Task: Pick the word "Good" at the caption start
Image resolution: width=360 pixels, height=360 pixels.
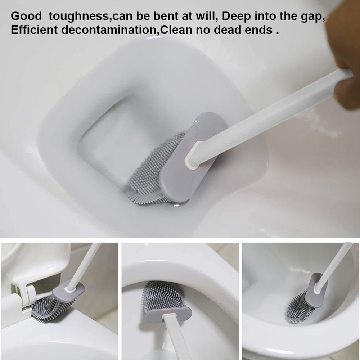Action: point(26,17)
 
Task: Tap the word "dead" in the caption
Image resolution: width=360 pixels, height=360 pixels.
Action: point(228,30)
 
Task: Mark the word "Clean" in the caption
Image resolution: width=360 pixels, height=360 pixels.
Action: point(176,30)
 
